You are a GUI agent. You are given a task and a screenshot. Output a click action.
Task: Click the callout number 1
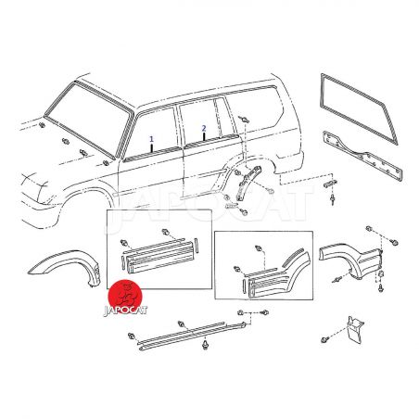pos(151,139)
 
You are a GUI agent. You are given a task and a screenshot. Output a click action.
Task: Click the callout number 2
pos(204,128)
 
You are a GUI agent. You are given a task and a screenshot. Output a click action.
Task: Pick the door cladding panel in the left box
pos(159,258)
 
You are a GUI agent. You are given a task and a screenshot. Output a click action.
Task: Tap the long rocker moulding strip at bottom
pos(192,336)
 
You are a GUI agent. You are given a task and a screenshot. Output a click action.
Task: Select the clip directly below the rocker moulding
pos(205,345)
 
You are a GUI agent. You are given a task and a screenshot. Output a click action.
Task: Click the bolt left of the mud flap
pos(324,339)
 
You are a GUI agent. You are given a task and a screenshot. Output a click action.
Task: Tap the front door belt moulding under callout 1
pos(152,154)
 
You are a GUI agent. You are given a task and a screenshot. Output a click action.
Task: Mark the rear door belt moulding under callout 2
pos(210,140)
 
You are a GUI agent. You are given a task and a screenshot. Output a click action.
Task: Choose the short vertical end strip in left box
pos(196,246)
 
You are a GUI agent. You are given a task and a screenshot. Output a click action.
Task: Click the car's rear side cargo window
pos(253,108)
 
